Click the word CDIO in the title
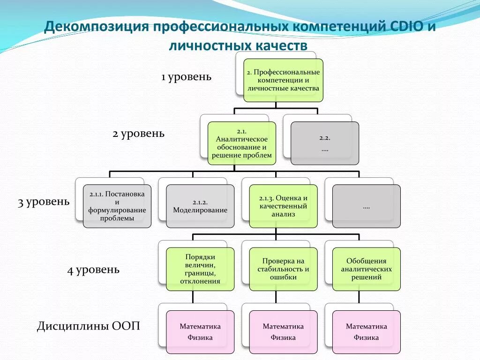point(406,27)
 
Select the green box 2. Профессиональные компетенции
point(283,80)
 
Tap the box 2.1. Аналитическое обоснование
point(242,143)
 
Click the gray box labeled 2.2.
point(325,143)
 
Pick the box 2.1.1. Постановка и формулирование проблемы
point(117,206)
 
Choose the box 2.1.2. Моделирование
point(200,206)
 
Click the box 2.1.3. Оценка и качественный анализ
point(283,206)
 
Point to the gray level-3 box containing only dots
point(367,206)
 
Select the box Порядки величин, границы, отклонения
point(200,269)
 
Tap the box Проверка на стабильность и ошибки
point(283,269)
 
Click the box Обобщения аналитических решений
point(367,269)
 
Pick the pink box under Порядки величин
point(200,331)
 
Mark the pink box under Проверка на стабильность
point(283,331)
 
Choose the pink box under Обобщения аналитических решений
point(367,331)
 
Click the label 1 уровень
point(186,76)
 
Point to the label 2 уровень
point(138,134)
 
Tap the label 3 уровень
point(44,202)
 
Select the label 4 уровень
point(93,270)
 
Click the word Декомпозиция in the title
point(95,27)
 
